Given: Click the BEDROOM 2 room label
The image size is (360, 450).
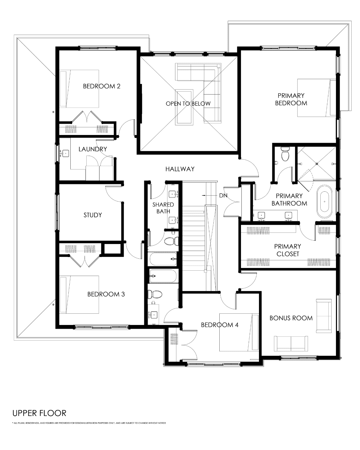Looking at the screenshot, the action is click(x=102, y=86).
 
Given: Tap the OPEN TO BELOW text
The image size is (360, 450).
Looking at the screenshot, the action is click(x=188, y=104).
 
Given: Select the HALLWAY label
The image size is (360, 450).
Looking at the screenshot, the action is click(x=180, y=169).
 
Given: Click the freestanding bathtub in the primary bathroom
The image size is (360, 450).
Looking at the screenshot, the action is click(x=324, y=202).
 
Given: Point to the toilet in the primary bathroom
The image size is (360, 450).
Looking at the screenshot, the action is click(x=285, y=154).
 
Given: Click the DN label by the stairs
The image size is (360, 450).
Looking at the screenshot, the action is click(x=223, y=196).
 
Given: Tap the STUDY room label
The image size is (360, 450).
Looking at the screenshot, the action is click(x=93, y=215).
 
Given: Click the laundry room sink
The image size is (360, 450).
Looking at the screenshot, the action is click(x=65, y=153).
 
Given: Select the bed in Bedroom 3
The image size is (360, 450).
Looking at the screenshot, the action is click(x=79, y=295).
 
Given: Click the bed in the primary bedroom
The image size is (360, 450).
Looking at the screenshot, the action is click(x=317, y=98).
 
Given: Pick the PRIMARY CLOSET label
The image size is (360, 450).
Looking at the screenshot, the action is click(x=288, y=250).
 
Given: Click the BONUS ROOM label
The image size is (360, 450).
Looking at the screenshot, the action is click(x=291, y=318).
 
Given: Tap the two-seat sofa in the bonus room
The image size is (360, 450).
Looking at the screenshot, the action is click(x=291, y=344).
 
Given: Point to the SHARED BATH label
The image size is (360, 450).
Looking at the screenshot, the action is click(x=163, y=208).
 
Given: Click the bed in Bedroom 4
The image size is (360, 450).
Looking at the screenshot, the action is click(x=239, y=332).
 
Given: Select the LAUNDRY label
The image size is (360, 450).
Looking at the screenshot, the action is click(x=93, y=149).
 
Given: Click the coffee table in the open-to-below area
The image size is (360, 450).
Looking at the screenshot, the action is click(x=184, y=107).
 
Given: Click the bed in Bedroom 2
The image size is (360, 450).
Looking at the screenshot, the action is click(x=79, y=89).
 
